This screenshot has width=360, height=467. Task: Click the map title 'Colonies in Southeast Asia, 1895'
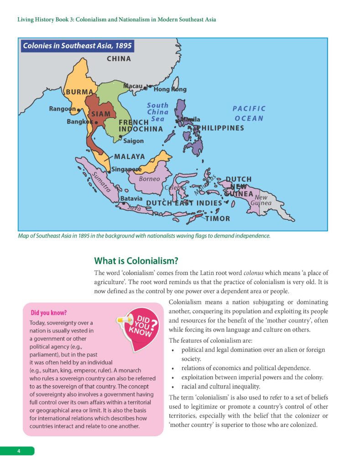coord(77,46)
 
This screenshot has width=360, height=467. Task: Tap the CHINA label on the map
coord(119,58)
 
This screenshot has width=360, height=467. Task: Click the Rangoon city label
coord(62,109)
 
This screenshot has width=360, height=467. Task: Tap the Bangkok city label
coord(80,122)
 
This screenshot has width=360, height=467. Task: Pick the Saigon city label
coord(133,141)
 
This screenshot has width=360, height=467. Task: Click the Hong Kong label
coord(170,89)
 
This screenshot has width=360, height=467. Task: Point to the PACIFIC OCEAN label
coord(249,114)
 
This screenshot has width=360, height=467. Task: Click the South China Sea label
coord(157,112)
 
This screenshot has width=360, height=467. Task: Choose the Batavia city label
coord(131,199)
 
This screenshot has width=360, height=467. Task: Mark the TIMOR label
coord(218,218)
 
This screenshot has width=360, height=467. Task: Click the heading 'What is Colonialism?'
coord(136,261)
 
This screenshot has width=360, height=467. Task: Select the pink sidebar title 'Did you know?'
coord(49,313)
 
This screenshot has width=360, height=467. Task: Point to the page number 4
coord(19,451)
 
